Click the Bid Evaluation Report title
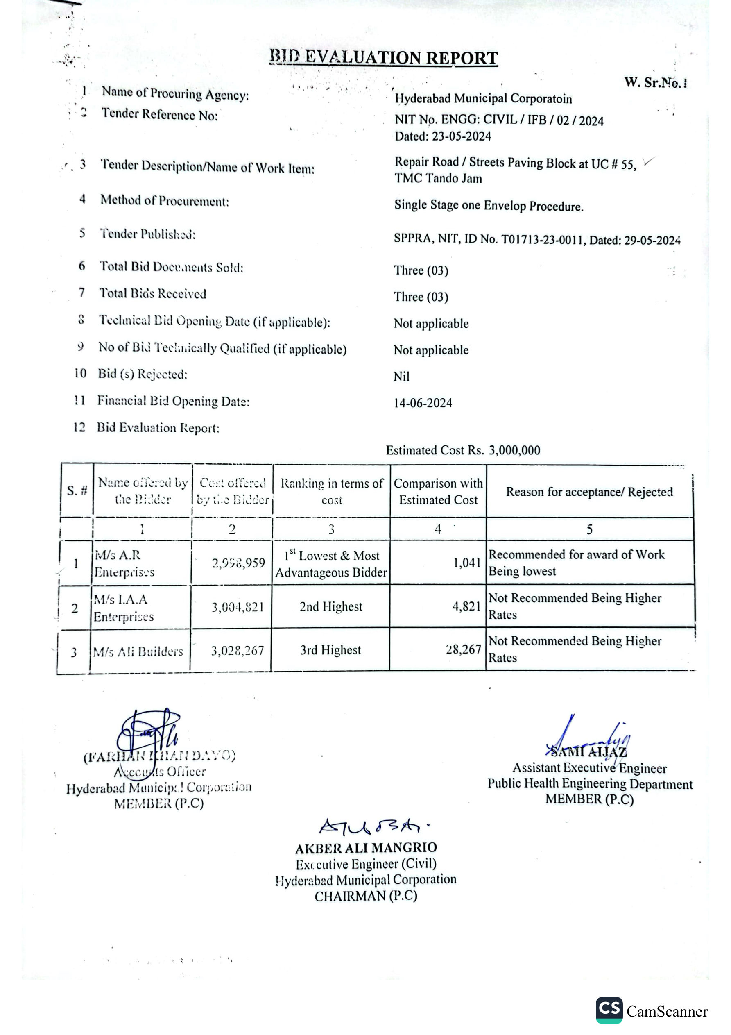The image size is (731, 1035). (384, 58)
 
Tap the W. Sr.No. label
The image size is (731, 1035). (655, 82)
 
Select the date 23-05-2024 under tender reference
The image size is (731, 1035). (461, 136)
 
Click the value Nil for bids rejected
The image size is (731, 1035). (401, 376)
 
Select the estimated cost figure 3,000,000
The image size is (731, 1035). (514, 450)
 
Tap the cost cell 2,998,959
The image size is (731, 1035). (238, 563)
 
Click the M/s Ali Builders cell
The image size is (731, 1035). (138, 651)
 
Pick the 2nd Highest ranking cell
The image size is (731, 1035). (331, 606)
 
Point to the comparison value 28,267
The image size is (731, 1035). (463, 649)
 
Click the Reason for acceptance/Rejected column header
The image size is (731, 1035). (589, 491)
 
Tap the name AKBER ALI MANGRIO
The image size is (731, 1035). (366, 848)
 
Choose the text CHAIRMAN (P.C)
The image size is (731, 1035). (366, 896)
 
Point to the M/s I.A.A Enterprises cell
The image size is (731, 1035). (124, 608)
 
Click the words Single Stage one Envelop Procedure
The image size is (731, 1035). (489, 206)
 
